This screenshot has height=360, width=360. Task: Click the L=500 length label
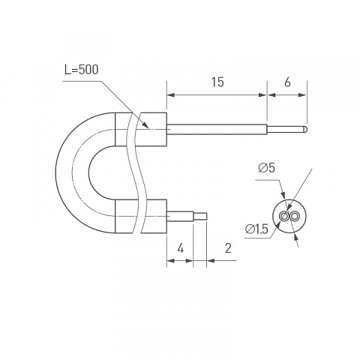[82, 70]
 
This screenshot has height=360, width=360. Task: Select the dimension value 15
[217, 82]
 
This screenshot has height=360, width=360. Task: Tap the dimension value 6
[287, 82]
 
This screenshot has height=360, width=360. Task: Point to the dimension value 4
[181, 249]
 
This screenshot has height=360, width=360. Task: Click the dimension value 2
[228, 248]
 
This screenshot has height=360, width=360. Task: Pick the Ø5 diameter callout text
[267, 168]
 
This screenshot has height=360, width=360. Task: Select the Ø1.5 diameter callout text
[256, 229]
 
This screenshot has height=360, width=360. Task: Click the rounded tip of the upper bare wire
[306, 129]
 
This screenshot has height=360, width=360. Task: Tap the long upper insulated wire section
[217, 129]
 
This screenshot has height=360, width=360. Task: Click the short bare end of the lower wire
[200, 216]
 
